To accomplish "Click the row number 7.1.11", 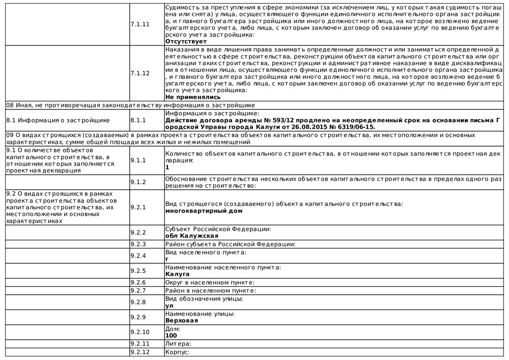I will tap(139, 24).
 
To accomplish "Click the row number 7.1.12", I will tap(139, 73).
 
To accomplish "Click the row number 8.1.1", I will tap(138, 120).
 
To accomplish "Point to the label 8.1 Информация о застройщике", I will tap(58, 120).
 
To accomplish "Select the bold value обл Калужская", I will tap(192, 236).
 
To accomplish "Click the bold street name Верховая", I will tap(182, 321).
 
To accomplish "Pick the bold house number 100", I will tap(171, 336).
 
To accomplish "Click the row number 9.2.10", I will tap(139, 333).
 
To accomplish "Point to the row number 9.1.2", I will tap(138, 182).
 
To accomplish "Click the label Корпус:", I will tap(177, 352).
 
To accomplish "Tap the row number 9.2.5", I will tap(138, 271).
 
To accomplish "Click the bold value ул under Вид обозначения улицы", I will tap(169, 306).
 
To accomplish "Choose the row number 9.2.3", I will tap(138, 244).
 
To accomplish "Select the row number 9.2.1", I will tap(138, 207).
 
